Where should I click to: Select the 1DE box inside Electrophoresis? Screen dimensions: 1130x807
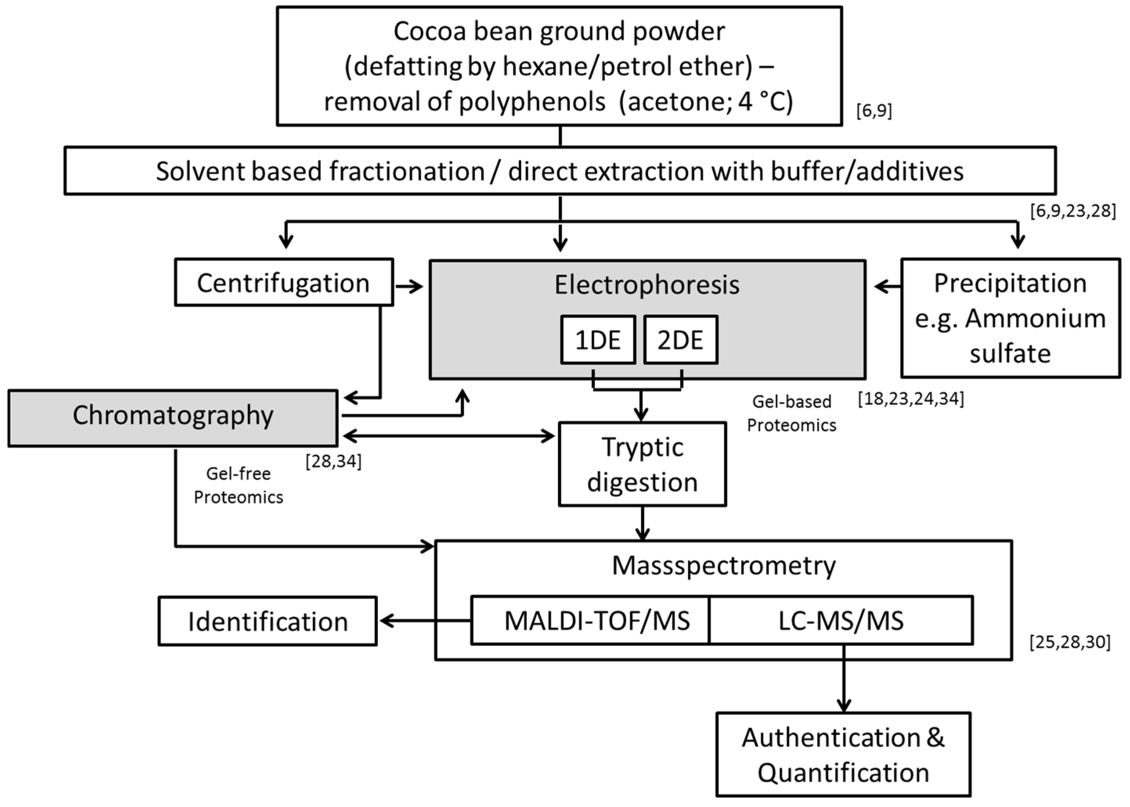[x=598, y=340]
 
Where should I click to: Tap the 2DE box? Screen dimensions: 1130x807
[x=681, y=340]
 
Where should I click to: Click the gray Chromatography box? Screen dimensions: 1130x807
[x=173, y=418]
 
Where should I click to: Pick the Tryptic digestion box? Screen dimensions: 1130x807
[x=642, y=464]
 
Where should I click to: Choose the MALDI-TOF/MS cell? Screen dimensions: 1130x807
[x=590, y=620]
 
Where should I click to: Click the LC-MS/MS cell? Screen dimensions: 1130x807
[x=841, y=620]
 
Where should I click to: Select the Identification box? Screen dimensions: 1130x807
[x=267, y=621]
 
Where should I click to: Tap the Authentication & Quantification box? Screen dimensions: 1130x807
[x=843, y=754]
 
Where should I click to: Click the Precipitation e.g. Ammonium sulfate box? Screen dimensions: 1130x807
[x=1011, y=318]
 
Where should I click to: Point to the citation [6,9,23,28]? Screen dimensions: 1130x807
[x=1073, y=211]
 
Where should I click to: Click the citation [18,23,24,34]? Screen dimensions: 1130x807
[x=911, y=399]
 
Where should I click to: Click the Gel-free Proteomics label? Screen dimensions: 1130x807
[x=239, y=485]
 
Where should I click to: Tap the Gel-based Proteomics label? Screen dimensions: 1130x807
[x=791, y=413]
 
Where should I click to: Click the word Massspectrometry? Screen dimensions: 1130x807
[x=724, y=566]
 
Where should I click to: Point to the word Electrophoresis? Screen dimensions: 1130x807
[x=647, y=285]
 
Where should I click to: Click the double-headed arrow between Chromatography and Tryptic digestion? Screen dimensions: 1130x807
[x=449, y=436]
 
